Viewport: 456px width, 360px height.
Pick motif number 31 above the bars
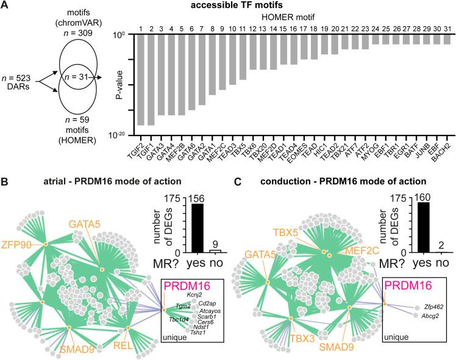[x=448, y=27]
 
